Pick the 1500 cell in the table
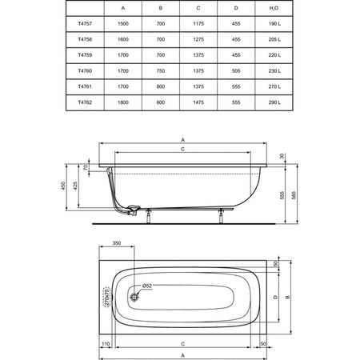point(123,24)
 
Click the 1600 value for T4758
point(123,39)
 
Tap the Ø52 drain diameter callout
point(148,286)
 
